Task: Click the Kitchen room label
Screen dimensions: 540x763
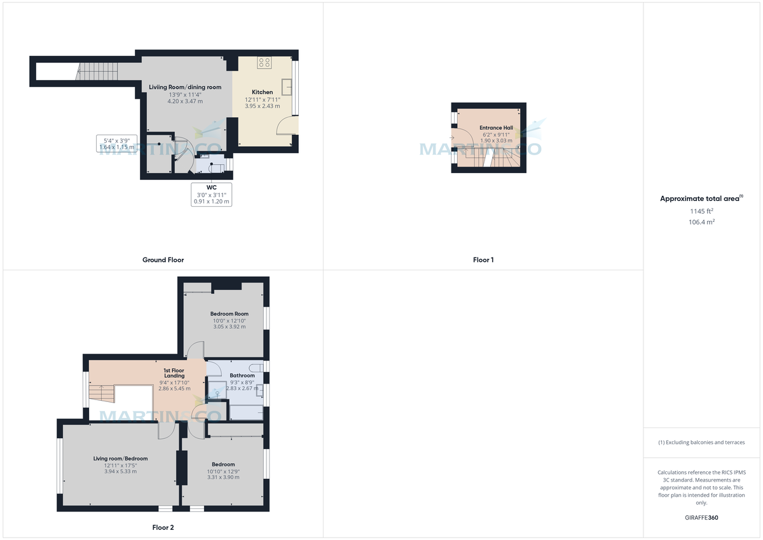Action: tap(262, 92)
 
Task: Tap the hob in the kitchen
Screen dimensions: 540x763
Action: tap(265, 62)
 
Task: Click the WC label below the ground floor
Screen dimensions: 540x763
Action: tap(211, 187)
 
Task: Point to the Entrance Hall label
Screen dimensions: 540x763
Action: tap(495, 127)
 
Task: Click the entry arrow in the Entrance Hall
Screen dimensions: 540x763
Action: tap(451, 137)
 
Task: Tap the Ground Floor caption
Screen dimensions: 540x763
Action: tap(163, 260)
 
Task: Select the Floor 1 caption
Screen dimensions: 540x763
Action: tap(483, 260)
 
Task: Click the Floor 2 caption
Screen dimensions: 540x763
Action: tap(163, 527)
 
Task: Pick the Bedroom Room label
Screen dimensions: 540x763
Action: tap(230, 314)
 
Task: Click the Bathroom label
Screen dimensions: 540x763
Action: tap(242, 375)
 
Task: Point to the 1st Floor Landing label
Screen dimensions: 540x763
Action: tap(174, 372)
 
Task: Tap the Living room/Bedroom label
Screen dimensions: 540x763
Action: tap(120, 459)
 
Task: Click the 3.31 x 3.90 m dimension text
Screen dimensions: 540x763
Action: tap(223, 477)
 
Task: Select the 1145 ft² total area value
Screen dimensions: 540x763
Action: tap(701, 211)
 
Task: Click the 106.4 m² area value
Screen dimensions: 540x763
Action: tap(701, 222)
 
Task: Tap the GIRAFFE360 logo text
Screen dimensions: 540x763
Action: tap(701, 518)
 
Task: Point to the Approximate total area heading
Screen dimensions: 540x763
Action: tap(699, 198)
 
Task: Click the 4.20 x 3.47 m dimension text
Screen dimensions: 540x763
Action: tap(185, 101)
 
